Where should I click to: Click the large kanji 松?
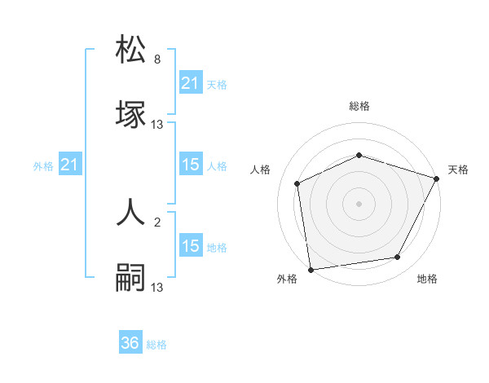pos(131,49)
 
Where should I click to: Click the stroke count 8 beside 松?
pos(157,59)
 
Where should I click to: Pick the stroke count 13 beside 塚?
pos(157,125)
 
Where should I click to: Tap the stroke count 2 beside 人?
pos(157,222)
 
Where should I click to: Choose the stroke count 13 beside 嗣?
pos(157,288)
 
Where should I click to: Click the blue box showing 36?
pos(130,343)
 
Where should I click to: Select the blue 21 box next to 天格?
pos(190,83)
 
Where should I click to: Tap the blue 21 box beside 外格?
pos(70,165)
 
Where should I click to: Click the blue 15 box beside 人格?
pos(190,165)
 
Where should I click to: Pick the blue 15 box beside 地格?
pos(190,247)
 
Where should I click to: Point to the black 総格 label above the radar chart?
pos(359,106)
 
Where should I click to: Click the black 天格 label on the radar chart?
pos(458,169)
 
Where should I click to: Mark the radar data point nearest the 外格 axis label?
pos(310,269)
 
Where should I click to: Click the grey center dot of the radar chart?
pos(359,204)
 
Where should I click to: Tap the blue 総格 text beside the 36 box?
pos(156,345)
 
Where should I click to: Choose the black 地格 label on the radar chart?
pos(427,279)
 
